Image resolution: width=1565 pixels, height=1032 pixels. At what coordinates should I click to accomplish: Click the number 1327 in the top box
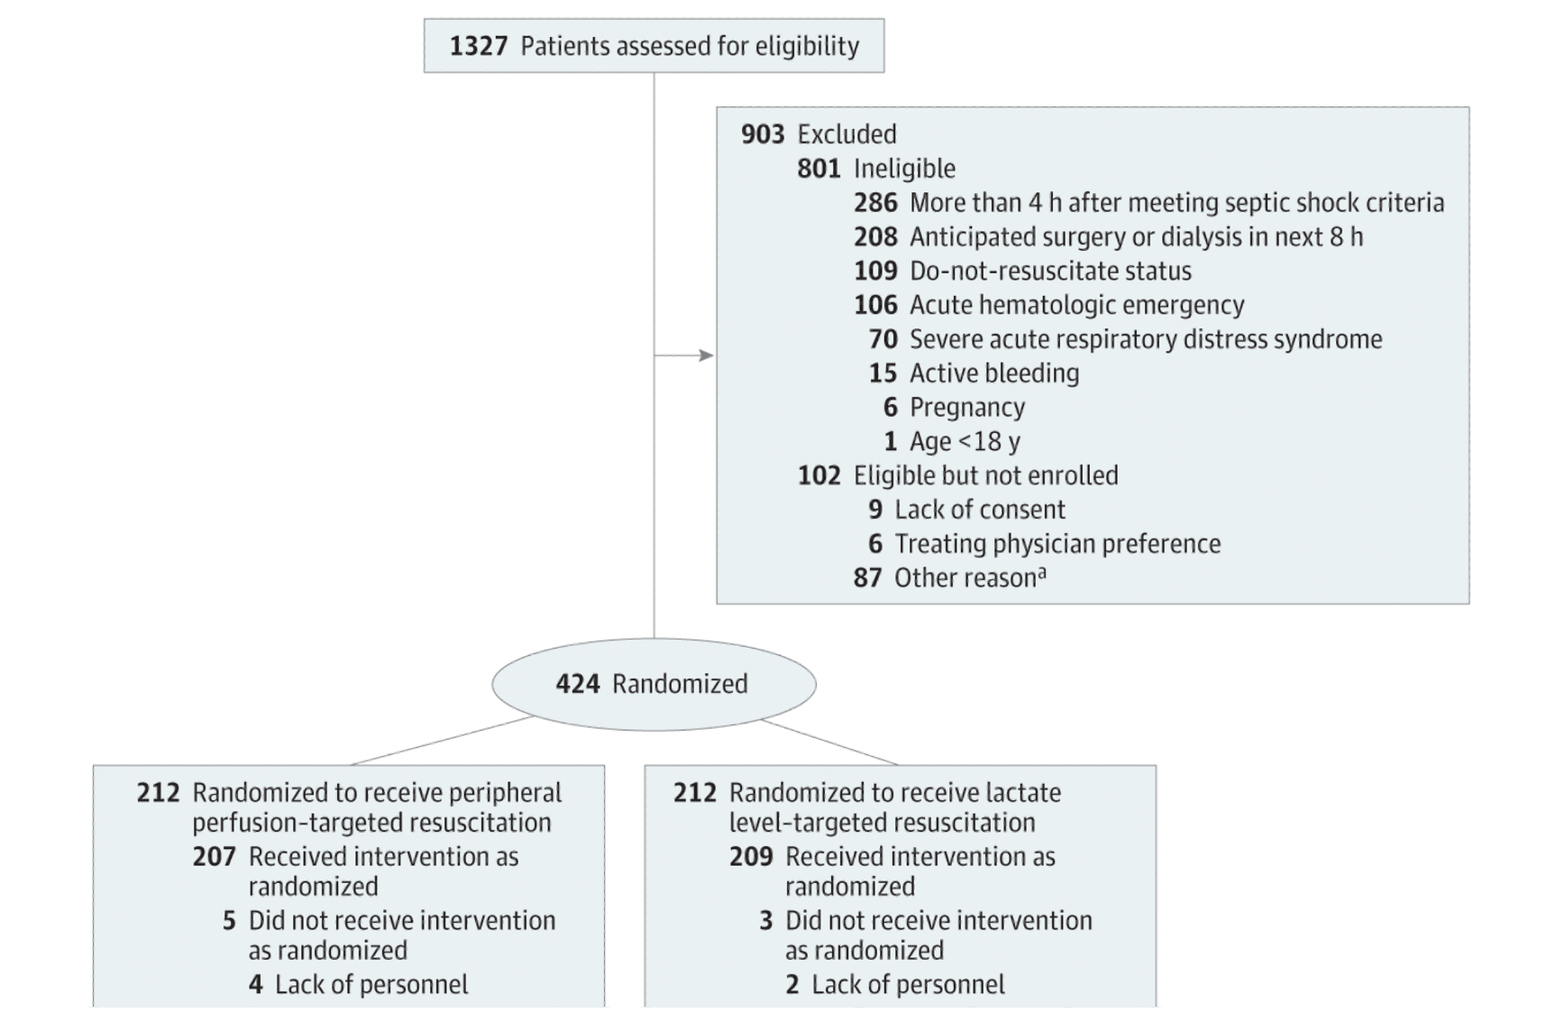[479, 46]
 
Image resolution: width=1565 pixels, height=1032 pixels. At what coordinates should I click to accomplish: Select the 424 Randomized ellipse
[654, 685]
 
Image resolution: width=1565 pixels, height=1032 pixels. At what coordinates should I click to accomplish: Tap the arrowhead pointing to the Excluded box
[707, 355]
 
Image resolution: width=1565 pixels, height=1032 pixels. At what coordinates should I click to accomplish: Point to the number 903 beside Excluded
[763, 134]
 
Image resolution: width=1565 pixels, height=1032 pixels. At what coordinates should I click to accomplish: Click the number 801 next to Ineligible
[819, 169]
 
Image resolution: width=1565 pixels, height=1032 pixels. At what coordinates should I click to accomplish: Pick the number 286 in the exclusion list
[875, 203]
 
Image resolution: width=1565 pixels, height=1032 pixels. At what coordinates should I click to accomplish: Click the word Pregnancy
[967, 409]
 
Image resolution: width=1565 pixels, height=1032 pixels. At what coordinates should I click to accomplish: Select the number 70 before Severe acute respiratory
[883, 339]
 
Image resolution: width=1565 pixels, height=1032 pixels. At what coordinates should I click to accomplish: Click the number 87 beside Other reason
[868, 577]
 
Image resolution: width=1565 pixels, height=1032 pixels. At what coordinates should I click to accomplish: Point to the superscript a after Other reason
[1042, 572]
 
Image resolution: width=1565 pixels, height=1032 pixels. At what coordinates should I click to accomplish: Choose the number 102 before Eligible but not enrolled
[819, 475]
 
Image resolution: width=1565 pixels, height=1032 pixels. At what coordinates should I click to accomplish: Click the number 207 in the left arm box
[214, 856]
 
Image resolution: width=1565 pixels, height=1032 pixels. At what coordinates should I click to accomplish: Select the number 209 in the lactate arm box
[751, 856]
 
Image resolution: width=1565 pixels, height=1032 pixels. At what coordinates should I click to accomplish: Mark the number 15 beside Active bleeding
[883, 373]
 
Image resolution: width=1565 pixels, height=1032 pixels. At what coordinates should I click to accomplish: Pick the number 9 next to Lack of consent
[875, 510]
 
